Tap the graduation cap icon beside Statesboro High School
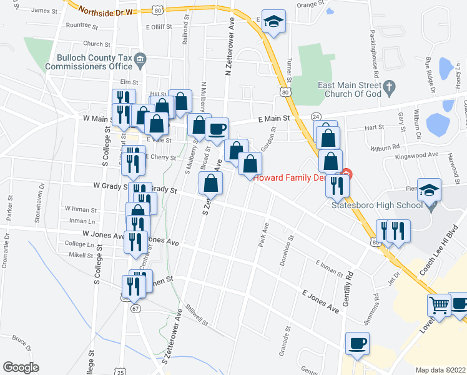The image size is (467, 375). tap(430, 189)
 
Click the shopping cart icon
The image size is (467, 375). tap(439, 306)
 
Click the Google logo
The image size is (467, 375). tap(21, 367)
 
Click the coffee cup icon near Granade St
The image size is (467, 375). tap(358, 343)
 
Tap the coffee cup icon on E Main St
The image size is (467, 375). tap(217, 129)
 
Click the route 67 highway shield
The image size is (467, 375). tap(135, 308)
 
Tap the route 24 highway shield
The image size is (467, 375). tap(316, 117)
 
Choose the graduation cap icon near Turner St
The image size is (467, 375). tap(273, 21)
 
